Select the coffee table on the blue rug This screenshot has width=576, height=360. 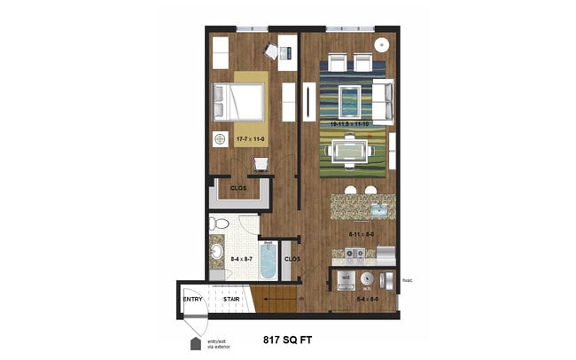(x=351, y=98)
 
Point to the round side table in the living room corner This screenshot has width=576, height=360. (x=382, y=44)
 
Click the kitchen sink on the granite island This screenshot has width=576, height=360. (x=377, y=210)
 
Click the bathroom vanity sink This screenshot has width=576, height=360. (x=217, y=252)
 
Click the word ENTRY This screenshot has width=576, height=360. (x=193, y=299)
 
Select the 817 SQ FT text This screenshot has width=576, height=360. (x=288, y=338)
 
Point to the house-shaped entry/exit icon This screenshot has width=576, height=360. (x=195, y=341)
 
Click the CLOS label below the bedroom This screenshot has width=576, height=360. (x=238, y=188)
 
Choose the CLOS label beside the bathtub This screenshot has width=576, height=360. (x=292, y=259)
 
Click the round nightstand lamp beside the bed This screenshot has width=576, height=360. (x=220, y=138)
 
